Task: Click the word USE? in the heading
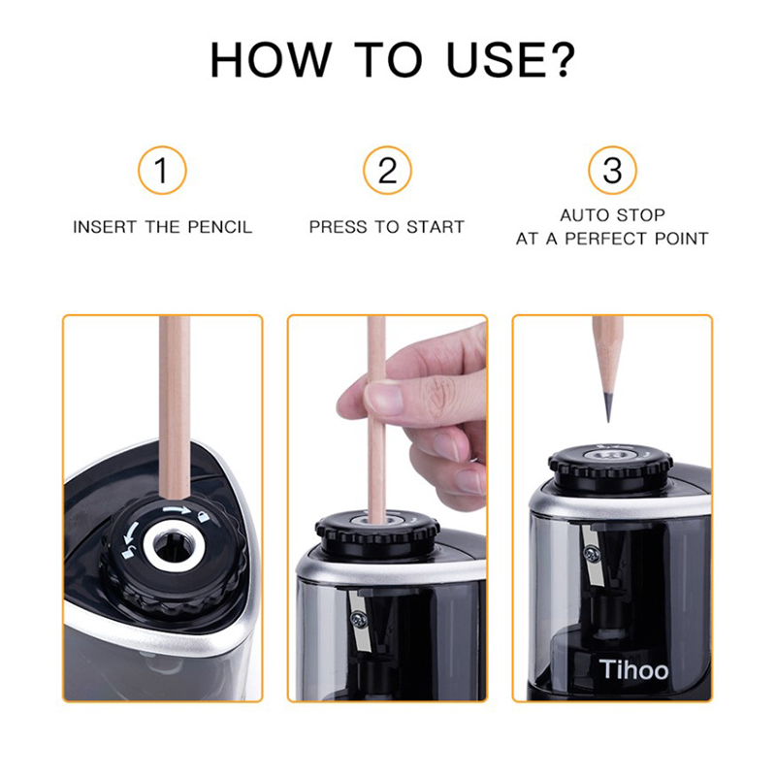(x=511, y=59)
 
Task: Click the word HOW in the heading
(x=272, y=60)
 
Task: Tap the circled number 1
(x=162, y=171)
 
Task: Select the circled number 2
(x=387, y=171)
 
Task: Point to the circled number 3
(x=612, y=171)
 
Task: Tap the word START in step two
(x=435, y=227)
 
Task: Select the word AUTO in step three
(x=582, y=215)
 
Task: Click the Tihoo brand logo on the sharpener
(x=633, y=669)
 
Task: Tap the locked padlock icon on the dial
(x=203, y=517)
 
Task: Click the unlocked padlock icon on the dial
(x=128, y=553)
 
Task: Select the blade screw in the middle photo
(x=357, y=619)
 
